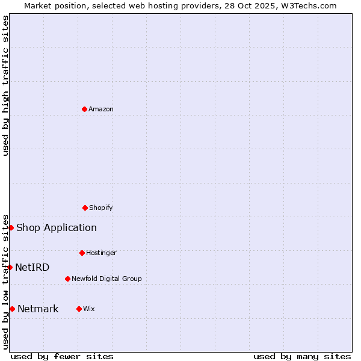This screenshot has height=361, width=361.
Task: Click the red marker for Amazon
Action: [x=84, y=109]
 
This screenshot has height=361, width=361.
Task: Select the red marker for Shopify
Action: [x=85, y=208]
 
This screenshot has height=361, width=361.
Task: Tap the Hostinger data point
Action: [x=82, y=253]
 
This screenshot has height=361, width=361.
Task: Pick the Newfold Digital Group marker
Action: [x=67, y=279]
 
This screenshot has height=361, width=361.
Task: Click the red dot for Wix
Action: [x=79, y=309]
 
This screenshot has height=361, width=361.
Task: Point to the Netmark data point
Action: [x=12, y=309]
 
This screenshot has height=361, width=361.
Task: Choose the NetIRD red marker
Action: [x=10, y=267]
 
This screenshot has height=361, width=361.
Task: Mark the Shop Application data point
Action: [x=11, y=227]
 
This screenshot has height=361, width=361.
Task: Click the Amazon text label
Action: [x=101, y=109]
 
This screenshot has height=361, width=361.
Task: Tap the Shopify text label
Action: [x=101, y=208]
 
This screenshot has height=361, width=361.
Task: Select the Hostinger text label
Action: [x=101, y=253]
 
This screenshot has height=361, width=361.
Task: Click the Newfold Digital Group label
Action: [x=106, y=279]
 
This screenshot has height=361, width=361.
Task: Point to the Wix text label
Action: [x=89, y=309]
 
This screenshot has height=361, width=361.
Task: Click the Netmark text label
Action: [x=38, y=309]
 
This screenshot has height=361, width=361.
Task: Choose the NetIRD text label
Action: [x=32, y=267]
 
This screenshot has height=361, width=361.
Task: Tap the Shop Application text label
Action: [x=57, y=227]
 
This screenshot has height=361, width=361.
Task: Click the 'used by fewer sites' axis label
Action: [x=62, y=356]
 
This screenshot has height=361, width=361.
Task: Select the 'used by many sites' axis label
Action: [x=302, y=356]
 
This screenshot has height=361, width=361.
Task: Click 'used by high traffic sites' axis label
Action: [x=5, y=85]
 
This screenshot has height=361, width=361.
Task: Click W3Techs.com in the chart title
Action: [x=306, y=5]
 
